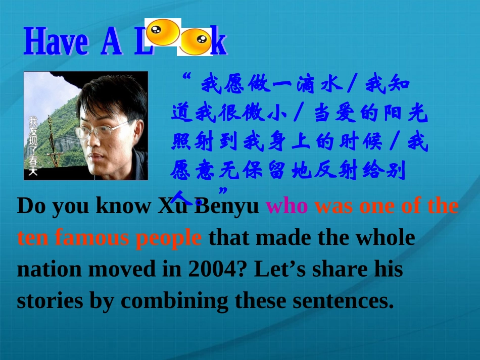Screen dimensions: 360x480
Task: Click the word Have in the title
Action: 55,42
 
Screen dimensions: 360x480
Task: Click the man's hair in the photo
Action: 111,93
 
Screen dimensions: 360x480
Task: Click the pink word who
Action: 286,206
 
